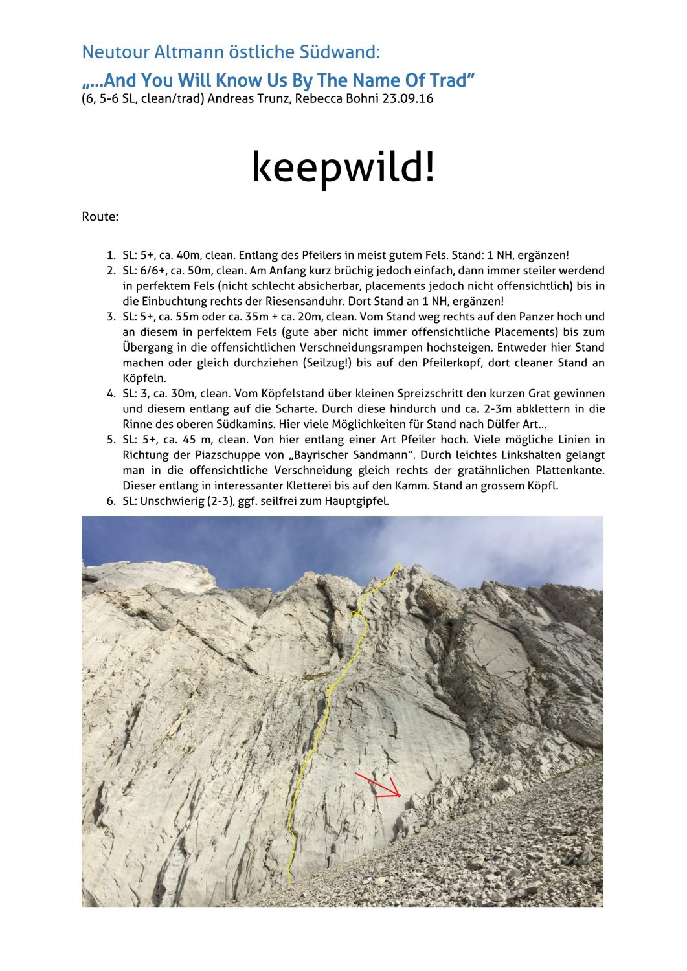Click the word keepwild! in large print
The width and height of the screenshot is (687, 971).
point(343,167)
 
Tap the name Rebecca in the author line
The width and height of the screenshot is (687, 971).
point(318,99)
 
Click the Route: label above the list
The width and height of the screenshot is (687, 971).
point(100,217)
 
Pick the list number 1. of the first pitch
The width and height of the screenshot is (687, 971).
point(111,256)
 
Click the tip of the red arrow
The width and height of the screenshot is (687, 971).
point(400,796)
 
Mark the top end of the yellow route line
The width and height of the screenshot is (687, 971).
point(399,565)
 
